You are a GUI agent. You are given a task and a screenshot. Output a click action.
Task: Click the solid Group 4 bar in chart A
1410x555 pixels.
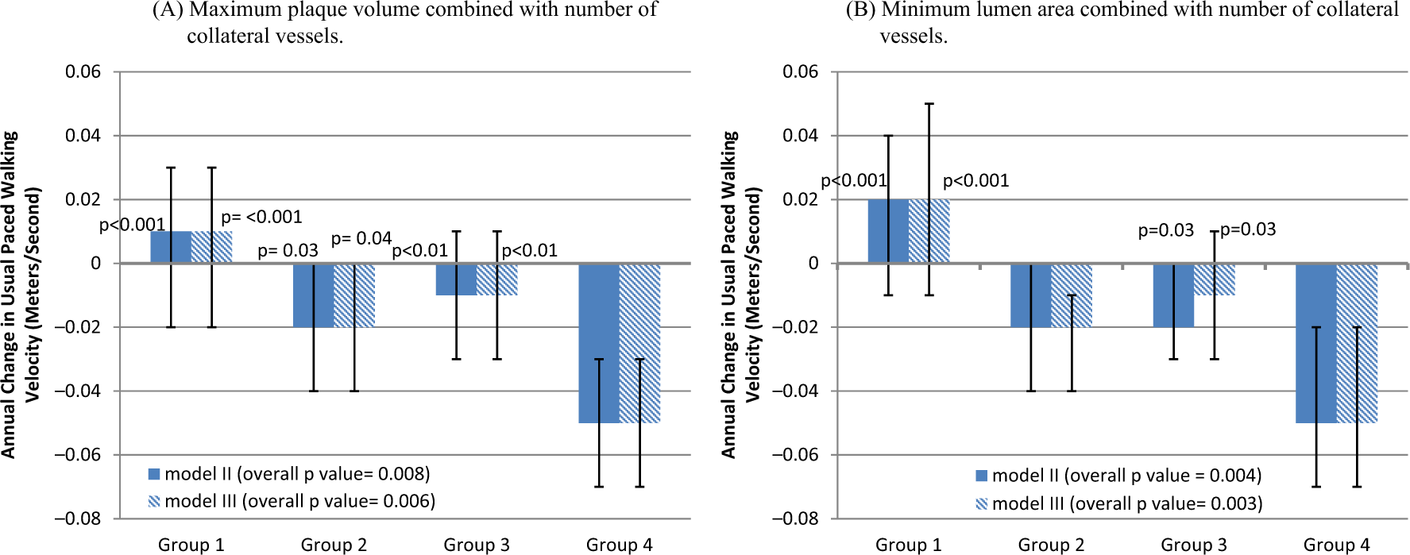pos(599,343)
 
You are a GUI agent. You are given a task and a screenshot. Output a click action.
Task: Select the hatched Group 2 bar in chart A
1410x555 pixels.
pos(354,295)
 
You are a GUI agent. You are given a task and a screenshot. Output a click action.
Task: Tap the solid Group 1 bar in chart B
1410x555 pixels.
pos(888,231)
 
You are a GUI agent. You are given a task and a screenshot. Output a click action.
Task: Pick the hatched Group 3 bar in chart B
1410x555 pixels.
pos(1215,279)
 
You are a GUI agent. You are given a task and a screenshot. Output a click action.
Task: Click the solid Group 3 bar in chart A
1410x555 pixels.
pos(457,279)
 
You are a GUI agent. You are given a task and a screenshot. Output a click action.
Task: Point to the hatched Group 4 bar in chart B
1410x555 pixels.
pos(1357,343)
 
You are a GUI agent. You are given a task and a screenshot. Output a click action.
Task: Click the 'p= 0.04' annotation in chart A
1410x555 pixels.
pos(361,238)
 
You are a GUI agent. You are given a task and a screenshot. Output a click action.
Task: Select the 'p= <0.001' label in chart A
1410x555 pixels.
pos(261,217)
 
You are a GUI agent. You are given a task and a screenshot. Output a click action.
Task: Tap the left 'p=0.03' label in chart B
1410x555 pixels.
pos(1166,230)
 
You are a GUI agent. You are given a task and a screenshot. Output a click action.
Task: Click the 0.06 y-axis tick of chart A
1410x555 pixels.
pos(83,71)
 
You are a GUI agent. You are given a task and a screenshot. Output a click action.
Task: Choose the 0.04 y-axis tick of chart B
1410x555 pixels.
pos(801,136)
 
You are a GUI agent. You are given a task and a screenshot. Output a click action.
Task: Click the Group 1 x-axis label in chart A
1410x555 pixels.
pos(191,545)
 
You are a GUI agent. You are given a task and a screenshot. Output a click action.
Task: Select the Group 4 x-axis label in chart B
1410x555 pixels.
pos(1337,545)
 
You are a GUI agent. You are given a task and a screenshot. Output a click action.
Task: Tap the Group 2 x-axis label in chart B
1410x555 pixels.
pos(1052,545)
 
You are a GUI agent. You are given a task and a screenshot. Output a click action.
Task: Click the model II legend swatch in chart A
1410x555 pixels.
pos(154,474)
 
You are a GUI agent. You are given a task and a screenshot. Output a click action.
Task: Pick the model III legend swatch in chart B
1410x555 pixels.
pos(982,503)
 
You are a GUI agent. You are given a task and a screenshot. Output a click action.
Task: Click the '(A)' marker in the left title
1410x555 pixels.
pos(168,10)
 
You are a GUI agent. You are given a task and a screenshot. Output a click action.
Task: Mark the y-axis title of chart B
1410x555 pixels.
pos(741,295)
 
